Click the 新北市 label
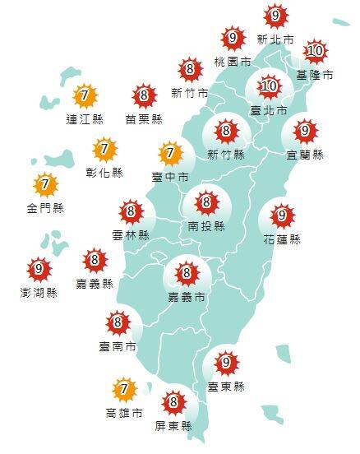point(274,39)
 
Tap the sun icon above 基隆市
point(315,52)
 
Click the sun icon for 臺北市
point(270,86)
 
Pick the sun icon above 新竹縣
point(225,131)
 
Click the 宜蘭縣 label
point(306,154)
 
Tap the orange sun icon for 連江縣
point(82,97)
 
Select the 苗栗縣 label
point(143,119)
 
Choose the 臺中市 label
point(170,177)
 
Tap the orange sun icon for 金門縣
point(45,184)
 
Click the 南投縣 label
point(205,224)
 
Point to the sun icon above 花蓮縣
point(282,216)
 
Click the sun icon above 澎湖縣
point(37,268)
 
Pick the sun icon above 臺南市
point(118,322)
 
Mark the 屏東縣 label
point(173,426)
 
